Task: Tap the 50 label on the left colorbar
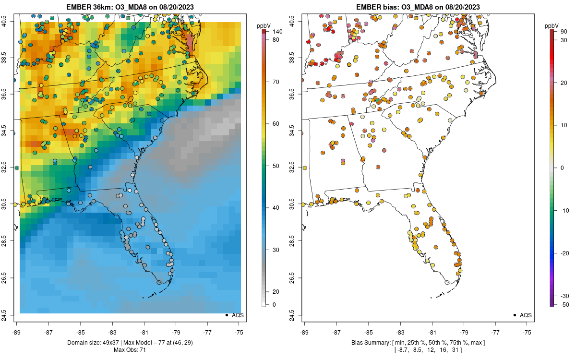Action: [x=276, y=166]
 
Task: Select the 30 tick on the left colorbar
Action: [x=276, y=250]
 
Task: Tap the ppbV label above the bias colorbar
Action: [x=552, y=25]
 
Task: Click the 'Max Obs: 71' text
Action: [x=130, y=350]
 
